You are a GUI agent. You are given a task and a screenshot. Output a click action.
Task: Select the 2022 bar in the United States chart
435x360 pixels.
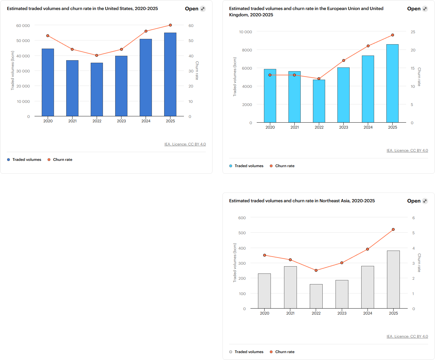coord(97,90)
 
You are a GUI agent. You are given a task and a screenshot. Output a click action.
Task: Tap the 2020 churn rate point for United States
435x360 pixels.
coord(48,36)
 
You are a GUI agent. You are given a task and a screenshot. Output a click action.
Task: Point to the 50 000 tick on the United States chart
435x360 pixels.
coord(23,41)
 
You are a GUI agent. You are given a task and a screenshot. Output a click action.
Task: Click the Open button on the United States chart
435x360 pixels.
coord(195,9)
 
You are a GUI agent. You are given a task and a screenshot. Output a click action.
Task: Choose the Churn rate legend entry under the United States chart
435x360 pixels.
coord(62,160)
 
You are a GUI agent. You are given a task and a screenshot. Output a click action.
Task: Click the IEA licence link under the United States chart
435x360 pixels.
coord(185,144)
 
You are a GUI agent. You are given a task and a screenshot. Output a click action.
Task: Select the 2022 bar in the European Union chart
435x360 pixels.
coord(319,101)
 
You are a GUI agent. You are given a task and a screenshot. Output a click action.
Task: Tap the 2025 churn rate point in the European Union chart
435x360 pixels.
coord(393,35)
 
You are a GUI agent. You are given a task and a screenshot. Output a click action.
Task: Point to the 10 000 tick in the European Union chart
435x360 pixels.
coord(245,32)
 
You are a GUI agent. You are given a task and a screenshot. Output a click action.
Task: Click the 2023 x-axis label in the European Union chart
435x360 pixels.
coord(343,127)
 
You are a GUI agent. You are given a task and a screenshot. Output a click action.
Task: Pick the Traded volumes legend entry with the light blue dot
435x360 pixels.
coord(249,166)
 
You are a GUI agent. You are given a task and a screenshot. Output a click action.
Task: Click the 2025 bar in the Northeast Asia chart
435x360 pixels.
coord(393,279)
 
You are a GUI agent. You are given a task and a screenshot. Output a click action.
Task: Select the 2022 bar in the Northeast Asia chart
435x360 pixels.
coord(316,296)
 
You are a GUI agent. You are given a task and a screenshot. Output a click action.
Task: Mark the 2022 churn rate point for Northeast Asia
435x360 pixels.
coord(316,270)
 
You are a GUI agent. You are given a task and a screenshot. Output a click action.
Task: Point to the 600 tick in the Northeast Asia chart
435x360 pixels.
coord(242,218)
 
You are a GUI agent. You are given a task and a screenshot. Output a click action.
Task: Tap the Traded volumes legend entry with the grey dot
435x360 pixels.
coord(249,352)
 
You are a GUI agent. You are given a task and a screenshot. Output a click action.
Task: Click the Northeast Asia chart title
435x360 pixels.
coord(302,201)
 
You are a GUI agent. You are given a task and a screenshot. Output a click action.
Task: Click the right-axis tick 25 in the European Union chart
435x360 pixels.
coord(413,32)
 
